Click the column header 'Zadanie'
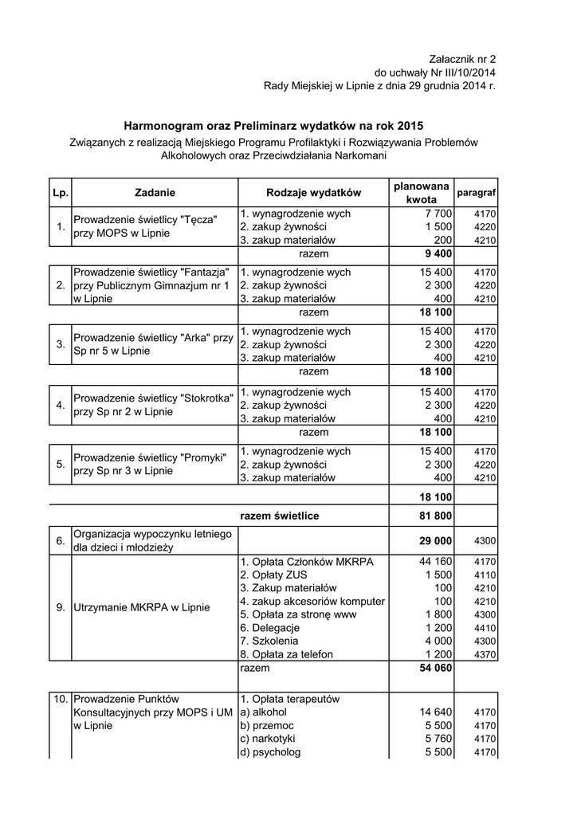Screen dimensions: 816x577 (155, 192)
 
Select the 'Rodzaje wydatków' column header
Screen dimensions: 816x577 (313, 192)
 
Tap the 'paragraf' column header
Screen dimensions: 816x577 (477, 194)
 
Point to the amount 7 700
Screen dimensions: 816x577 (438, 214)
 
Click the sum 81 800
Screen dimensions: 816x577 (435, 516)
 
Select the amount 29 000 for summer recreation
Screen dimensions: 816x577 (435, 540)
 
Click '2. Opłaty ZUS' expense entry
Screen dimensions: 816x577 (273, 575)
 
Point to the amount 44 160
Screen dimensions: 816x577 (435, 562)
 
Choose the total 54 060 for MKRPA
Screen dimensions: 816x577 (435, 667)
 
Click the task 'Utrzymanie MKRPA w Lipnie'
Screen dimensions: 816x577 (141, 607)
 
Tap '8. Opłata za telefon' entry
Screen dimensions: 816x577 (286, 654)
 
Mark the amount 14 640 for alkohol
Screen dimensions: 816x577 (435, 712)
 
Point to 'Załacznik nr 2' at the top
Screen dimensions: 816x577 (461, 59)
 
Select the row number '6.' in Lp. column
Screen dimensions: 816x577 (61, 541)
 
